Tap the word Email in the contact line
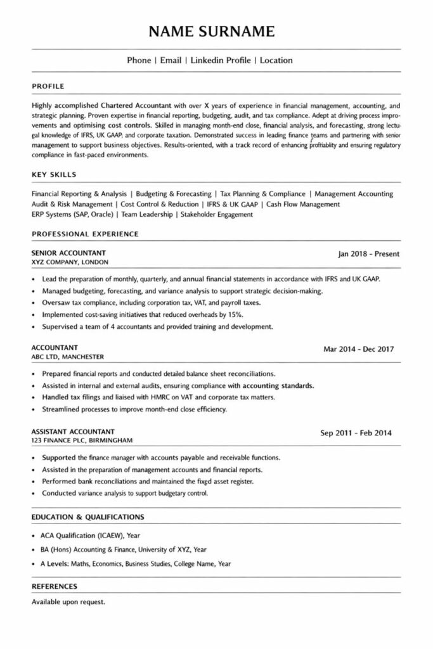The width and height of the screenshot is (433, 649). coord(171,60)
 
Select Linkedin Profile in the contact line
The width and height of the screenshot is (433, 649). coord(219,60)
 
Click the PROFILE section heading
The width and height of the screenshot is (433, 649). coord(48,86)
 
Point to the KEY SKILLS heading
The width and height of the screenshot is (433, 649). coord(54,174)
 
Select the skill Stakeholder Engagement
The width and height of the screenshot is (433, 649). coord(217,214)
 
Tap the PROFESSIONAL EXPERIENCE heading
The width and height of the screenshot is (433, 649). coord(85,234)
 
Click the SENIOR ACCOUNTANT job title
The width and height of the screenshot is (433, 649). coord(68,253)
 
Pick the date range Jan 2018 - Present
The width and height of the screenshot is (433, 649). coord(369,255)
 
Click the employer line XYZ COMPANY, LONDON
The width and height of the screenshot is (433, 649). coord(70,262)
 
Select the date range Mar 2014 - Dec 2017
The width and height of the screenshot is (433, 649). coord(359,349)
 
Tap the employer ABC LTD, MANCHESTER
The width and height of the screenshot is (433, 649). coord(67,356)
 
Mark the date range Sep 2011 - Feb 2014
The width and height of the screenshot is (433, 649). coord(356,434)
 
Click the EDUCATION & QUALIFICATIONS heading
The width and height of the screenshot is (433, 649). coord(88,517)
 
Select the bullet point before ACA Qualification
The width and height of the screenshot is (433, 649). coord(34,536)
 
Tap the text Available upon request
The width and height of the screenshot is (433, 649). coord(68,601)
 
